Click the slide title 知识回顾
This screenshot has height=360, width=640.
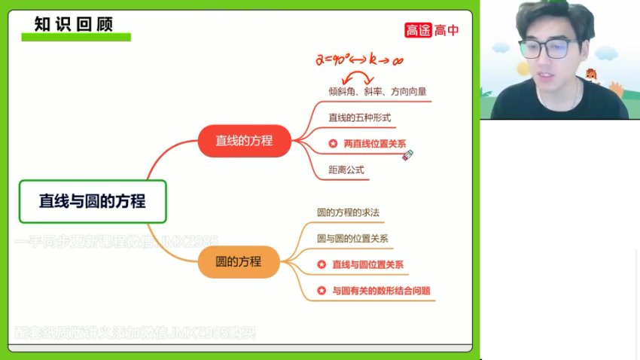pyautogui.click(x=74, y=23)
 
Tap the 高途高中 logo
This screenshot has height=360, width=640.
pyautogui.click(x=431, y=30)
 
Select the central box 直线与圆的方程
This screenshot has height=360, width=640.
pyautogui.click(x=93, y=201)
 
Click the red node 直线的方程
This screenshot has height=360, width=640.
pyautogui.click(x=244, y=141)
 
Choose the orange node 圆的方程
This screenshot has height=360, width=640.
pyautogui.click(x=239, y=262)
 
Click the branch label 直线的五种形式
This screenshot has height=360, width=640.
pyautogui.click(x=360, y=117)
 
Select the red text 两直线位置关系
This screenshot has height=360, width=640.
pyautogui.click(x=375, y=143)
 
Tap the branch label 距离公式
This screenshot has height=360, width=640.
pyautogui.click(x=346, y=169)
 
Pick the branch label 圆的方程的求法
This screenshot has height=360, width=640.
pyautogui.click(x=349, y=212)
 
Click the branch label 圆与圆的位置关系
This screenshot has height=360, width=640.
pyautogui.click(x=353, y=239)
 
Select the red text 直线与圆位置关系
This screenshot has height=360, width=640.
pyautogui.click(x=367, y=264)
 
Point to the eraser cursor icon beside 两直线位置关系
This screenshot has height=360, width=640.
pyautogui.click(x=408, y=155)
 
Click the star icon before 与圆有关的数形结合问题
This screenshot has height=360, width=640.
pyautogui.click(x=322, y=291)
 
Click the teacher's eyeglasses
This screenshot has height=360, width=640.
pyautogui.click(x=547, y=50)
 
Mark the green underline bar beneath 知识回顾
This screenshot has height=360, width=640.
pyautogui.click(x=75, y=37)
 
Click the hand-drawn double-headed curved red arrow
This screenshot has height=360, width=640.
pyautogui.click(x=359, y=77)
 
